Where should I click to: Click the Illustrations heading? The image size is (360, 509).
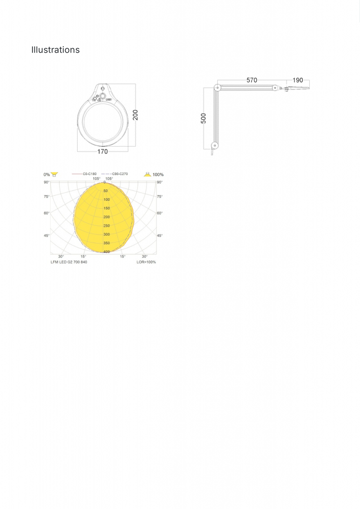[55, 50]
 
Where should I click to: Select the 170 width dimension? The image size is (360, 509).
[102, 151]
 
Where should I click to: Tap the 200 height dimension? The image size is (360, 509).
[136, 115]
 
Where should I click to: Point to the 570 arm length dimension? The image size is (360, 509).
[252, 80]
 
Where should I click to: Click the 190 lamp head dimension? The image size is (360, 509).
[298, 80]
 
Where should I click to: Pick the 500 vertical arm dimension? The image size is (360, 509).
[203, 118]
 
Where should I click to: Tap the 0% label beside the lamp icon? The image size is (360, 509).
[47, 174]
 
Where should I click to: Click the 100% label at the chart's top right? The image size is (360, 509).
[158, 174]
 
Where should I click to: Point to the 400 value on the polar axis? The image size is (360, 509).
[106, 252]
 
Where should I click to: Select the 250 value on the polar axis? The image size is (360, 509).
[106, 226]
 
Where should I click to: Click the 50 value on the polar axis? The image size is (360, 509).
[106, 191]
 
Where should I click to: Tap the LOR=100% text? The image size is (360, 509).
[146, 262]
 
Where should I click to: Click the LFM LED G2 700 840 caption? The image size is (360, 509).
[69, 262]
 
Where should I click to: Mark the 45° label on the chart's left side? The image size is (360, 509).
[46, 236]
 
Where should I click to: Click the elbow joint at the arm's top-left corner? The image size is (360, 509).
[216, 87]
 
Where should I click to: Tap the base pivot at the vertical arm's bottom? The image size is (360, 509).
[215, 146]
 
